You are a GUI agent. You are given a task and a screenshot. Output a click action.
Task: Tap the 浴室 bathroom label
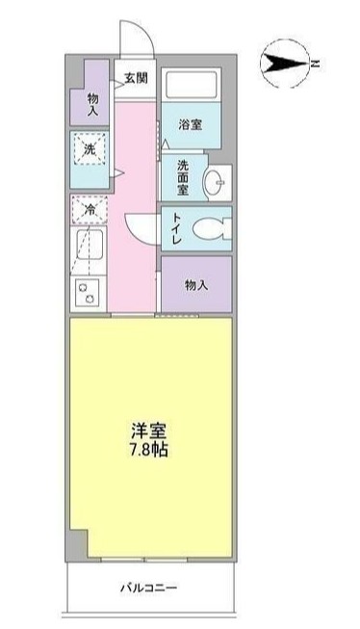[190, 124]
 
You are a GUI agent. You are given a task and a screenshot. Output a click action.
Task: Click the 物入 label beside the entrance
[93, 104]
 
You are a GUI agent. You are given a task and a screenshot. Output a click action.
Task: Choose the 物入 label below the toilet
[195, 285]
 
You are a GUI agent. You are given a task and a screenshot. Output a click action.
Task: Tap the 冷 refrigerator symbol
[89, 209]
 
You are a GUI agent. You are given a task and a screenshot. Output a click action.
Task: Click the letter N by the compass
[314, 65]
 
